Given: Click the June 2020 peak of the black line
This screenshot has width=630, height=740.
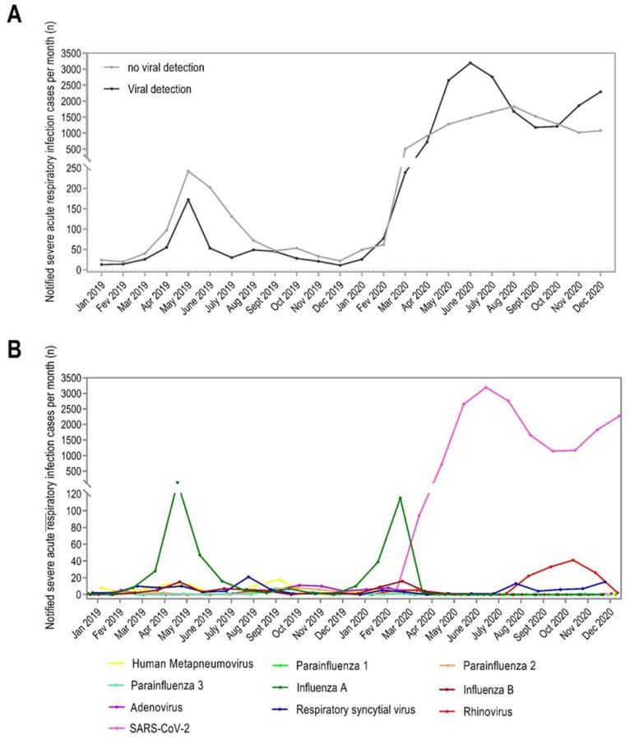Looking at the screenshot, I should (470, 62).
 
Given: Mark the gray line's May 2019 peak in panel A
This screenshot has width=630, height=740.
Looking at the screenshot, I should (188, 171).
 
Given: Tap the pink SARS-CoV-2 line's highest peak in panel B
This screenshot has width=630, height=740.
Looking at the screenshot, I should (486, 387).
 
